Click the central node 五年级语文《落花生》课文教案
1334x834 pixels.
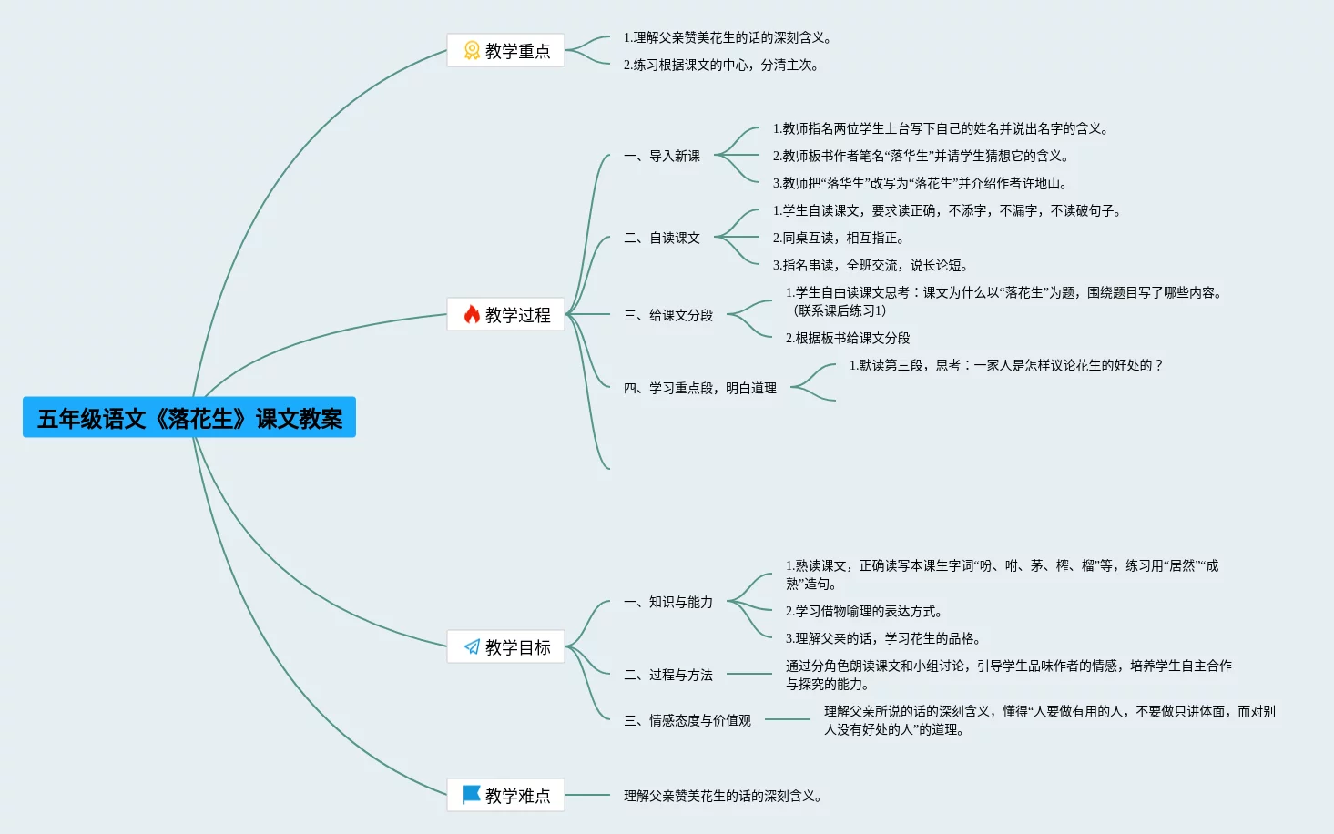coord(189,418)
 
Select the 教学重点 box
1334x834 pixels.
coord(505,51)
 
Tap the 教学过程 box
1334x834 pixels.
coord(505,315)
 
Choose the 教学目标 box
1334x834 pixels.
coord(505,647)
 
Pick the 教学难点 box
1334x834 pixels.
coord(505,796)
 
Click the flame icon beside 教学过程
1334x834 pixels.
coord(472,315)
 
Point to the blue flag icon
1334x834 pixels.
coord(472,795)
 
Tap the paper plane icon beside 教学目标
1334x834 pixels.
coord(472,647)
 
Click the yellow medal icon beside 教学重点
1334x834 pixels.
coord(472,51)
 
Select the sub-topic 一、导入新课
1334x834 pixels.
coord(662,157)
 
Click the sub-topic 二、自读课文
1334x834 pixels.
coord(662,239)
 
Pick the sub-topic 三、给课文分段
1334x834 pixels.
coord(668,316)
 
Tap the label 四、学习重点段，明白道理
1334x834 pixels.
coord(700,389)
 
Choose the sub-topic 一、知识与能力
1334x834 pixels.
coord(668,603)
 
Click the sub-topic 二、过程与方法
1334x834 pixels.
coord(668,676)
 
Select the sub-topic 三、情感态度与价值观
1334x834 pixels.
coord(687,721)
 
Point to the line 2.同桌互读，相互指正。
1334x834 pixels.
coord(838,239)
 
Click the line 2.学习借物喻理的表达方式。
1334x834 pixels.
coord(863,612)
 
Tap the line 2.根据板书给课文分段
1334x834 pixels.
coord(848,339)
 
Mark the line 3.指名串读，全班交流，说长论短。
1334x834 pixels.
coord(870,266)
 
